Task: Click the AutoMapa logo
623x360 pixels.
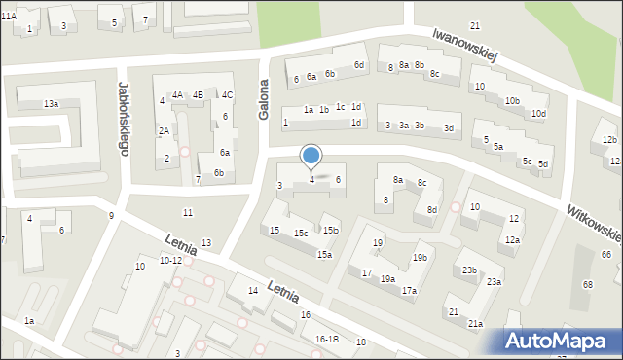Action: tap(561, 341)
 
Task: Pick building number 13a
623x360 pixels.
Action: tap(51, 103)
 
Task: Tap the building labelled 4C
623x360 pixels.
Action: tap(227, 95)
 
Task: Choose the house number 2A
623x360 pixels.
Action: tap(165, 131)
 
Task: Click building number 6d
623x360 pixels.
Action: tap(359, 65)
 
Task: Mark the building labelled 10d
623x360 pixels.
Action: tap(538, 114)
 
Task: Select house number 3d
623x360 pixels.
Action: tap(448, 128)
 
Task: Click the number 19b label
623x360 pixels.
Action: tap(420, 258)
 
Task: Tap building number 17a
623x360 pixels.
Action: tap(409, 291)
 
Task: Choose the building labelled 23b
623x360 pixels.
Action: tap(470, 270)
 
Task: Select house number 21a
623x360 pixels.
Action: tap(475, 324)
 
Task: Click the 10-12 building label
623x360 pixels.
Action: tap(170, 261)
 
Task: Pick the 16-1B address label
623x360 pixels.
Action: tap(326, 339)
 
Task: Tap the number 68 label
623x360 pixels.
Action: tap(588, 284)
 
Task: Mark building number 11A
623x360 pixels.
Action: tap(9, 17)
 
